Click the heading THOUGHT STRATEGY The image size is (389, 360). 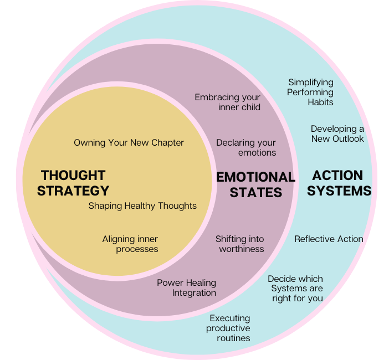coord(74,183)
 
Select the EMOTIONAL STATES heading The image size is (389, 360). coord(255,185)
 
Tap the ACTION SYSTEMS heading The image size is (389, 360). coord(339,183)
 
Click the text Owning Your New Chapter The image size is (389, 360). coord(129,143)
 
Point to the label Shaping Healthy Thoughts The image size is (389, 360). coord(142,206)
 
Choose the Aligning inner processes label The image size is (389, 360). coord(131,244)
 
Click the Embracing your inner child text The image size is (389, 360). coord(227,102)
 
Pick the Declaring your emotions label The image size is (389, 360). coord(246,148)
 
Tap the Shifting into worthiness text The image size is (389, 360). coord(240,244)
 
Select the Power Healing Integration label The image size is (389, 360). coord(187,288)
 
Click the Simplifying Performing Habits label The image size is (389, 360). coord(310,92)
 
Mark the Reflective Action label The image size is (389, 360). coord(329,239)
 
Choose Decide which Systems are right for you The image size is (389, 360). coord(295,289)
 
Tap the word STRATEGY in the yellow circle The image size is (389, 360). coord(74,191)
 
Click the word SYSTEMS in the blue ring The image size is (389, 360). coord(339,191)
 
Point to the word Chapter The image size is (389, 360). coord(167,143)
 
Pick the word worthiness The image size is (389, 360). coord(242,249)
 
